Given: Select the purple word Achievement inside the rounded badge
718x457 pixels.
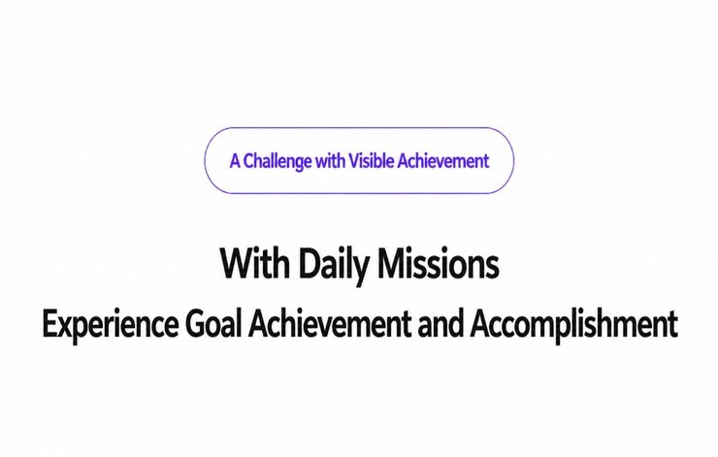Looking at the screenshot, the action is [x=443, y=161].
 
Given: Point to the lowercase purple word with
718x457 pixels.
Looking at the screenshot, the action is [x=330, y=161].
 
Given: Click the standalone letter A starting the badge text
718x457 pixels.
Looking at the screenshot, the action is [x=235, y=161].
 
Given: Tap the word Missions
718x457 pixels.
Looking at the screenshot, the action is [x=439, y=263].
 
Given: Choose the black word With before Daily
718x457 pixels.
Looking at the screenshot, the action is [x=255, y=263].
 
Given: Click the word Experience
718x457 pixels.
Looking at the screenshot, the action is [x=111, y=325].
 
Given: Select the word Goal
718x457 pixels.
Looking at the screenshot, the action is [x=212, y=324].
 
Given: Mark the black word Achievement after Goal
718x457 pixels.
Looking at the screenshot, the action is [x=329, y=324].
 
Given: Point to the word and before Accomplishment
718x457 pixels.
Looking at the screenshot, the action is [x=441, y=324].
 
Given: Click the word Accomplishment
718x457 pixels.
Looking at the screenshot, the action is [x=574, y=325].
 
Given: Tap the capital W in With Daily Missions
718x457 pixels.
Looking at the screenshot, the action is [x=240, y=263].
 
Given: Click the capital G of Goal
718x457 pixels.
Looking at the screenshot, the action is [x=196, y=324].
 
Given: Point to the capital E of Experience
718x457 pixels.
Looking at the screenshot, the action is [x=50, y=324].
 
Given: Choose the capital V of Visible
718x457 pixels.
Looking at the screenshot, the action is [x=355, y=161].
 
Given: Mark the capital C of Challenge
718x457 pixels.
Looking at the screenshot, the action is [x=249, y=161].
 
